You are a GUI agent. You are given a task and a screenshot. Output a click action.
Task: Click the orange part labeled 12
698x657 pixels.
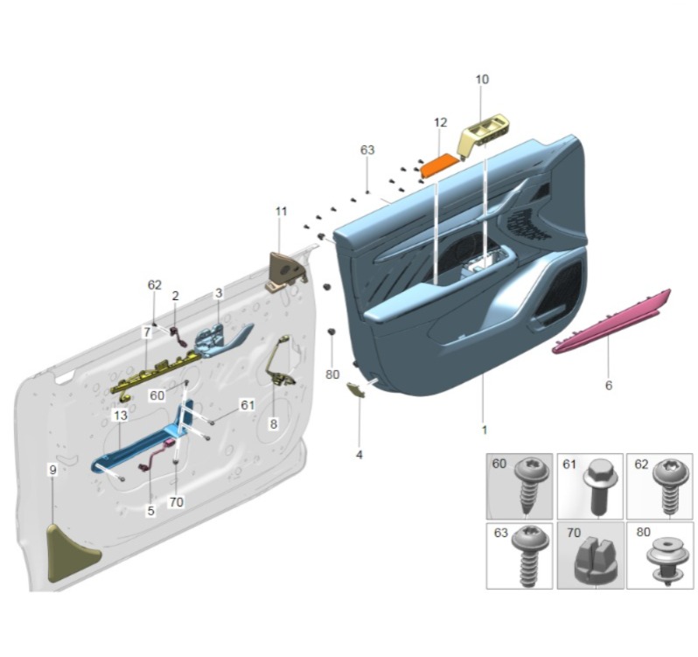(440, 164)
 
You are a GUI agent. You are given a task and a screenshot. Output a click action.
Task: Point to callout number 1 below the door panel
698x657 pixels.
(484, 430)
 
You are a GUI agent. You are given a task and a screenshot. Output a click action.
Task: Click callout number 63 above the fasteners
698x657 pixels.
(367, 150)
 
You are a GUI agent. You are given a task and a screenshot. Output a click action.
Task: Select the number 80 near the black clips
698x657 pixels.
(332, 374)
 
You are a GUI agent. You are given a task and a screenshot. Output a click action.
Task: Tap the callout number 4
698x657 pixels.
(359, 455)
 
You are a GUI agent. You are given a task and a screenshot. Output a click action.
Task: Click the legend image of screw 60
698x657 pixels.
(520, 486)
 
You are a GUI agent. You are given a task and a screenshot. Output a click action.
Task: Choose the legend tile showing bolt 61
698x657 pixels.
(590, 486)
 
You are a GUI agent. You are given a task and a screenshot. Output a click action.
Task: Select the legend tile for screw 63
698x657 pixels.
(520, 556)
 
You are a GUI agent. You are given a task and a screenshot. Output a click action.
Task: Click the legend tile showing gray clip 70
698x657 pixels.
(590, 556)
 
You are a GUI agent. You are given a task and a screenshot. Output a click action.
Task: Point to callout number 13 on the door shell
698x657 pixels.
(120, 415)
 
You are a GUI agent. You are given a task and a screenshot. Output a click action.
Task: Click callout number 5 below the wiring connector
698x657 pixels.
(150, 510)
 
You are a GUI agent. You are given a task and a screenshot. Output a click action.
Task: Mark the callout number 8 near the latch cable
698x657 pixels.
(273, 423)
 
